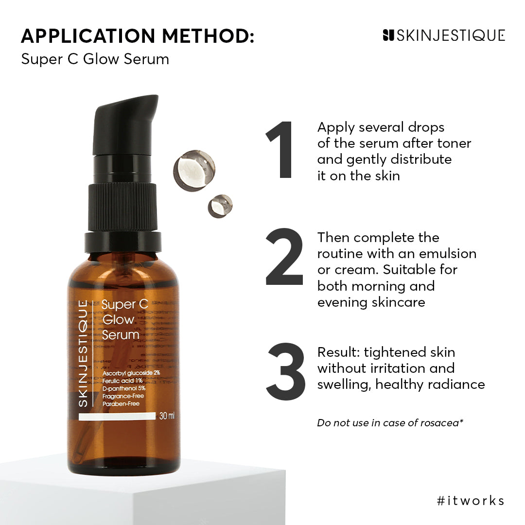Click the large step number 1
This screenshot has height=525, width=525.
281,150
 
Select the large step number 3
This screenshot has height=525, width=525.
286,371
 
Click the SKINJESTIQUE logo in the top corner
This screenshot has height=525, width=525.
444,35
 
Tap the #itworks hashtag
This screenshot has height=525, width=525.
470,501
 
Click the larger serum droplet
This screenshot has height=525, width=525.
194,170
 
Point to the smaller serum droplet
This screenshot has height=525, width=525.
220,206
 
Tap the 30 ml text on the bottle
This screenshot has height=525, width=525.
167,416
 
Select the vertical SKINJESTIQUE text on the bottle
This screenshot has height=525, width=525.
84,353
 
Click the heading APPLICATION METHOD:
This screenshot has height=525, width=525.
138,36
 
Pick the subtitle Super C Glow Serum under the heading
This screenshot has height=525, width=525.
95,59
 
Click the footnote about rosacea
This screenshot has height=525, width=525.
390,423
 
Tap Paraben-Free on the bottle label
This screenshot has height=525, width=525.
121,403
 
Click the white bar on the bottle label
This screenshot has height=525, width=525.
116,417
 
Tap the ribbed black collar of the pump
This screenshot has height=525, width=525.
123,207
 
